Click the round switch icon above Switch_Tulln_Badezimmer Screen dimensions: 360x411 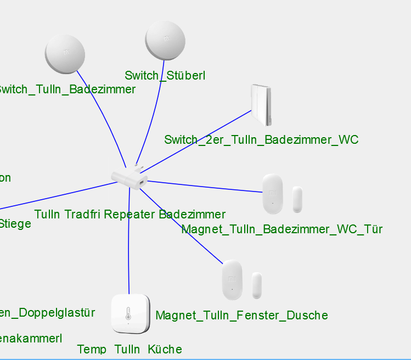coord(65,53)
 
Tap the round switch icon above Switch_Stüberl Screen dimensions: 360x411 coord(166,40)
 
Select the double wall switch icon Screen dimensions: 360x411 coord(261,104)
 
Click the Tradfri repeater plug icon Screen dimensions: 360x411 coord(130,177)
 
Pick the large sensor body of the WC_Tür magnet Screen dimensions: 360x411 coord(272,194)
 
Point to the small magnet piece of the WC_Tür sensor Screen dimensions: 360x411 coord(297,199)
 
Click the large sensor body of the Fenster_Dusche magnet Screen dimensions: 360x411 coord(232,279)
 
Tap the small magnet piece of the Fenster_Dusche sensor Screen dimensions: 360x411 coord(257,285)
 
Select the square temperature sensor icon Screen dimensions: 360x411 coord(130,313)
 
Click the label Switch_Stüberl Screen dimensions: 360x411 coord(165,76)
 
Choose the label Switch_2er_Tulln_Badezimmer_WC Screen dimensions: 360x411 coord(261,140)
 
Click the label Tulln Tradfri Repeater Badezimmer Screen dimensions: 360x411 coord(130,214)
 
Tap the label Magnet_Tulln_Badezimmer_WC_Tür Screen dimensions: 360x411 coord(281,229)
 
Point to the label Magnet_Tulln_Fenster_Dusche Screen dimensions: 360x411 coord(241,316)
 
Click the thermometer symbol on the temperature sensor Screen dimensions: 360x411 coord(128,313)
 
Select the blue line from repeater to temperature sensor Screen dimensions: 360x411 coord(128,241)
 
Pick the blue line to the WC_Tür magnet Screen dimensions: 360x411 coord(203,186)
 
